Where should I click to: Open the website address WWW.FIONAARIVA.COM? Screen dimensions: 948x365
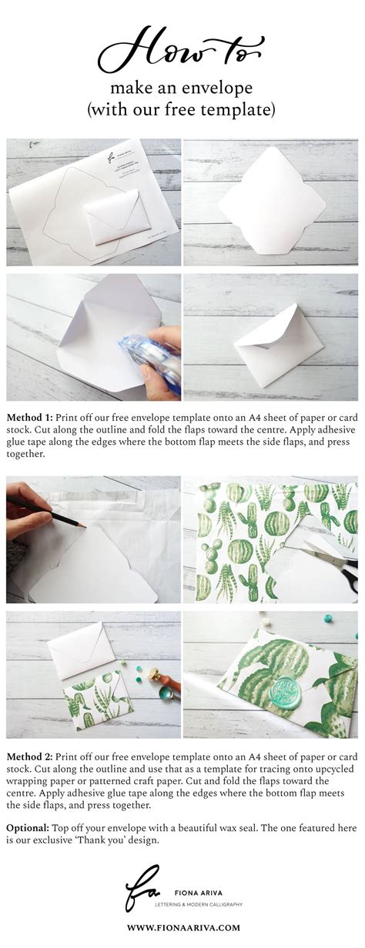pyautogui.click(x=182, y=927)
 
